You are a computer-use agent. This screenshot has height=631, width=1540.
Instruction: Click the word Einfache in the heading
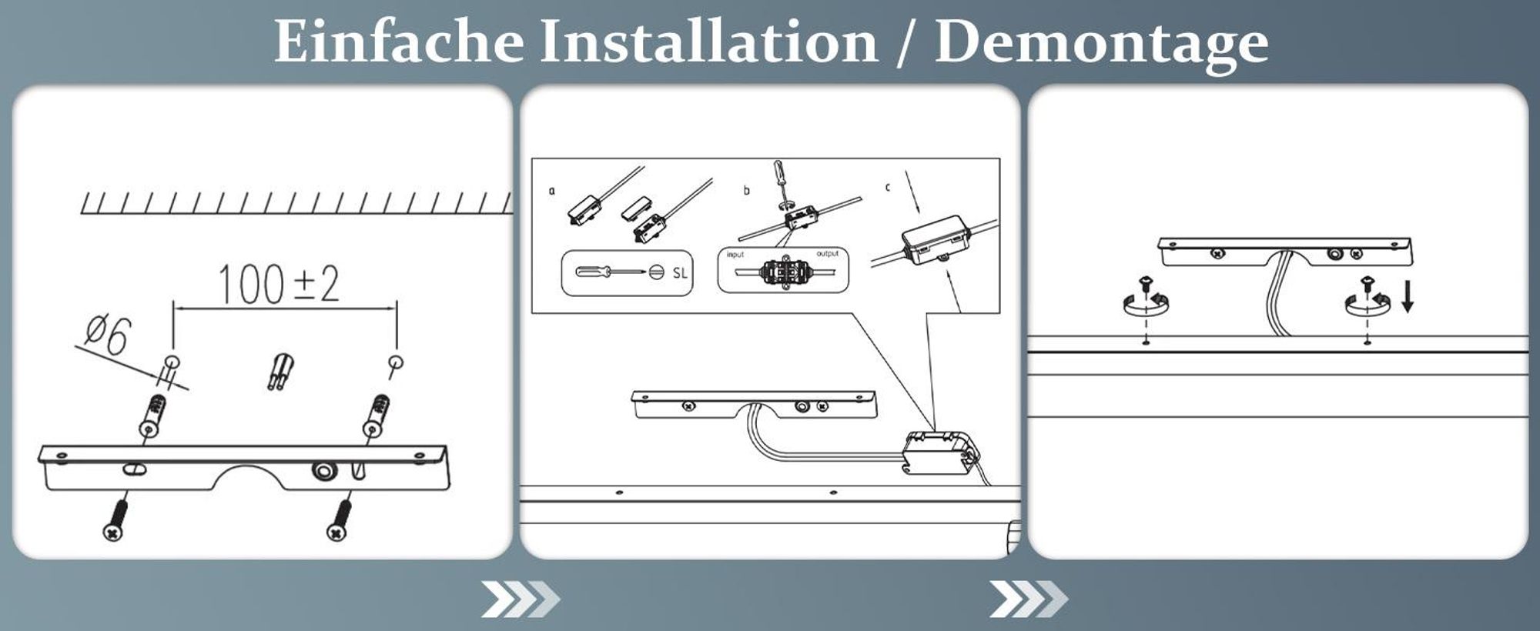pos(399,41)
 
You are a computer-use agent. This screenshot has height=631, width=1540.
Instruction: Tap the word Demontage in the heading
pos(1101,44)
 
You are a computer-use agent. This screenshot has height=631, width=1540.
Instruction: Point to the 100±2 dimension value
pos(279,284)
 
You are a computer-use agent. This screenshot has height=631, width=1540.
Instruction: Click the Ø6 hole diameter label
pos(109,335)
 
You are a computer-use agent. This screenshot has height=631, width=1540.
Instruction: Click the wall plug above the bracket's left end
pos(152,416)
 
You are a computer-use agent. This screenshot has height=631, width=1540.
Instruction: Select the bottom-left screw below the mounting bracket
pos(115,519)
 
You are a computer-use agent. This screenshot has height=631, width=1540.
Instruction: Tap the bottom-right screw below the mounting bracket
pos(339,519)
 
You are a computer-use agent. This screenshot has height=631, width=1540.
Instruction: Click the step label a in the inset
pos(551,190)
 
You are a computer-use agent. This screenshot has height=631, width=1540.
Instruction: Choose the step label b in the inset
pos(746,190)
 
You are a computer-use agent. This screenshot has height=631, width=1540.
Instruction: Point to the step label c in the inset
pos(888,187)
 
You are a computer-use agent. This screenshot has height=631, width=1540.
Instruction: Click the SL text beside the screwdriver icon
pos(680,272)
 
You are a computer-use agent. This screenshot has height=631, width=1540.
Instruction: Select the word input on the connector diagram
pos(735,255)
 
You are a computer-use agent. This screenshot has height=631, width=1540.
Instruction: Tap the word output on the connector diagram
pos(827,253)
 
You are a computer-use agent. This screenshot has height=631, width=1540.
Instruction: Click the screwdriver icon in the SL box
pos(611,272)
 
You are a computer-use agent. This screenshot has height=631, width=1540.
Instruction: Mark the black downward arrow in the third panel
pos(1408,296)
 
